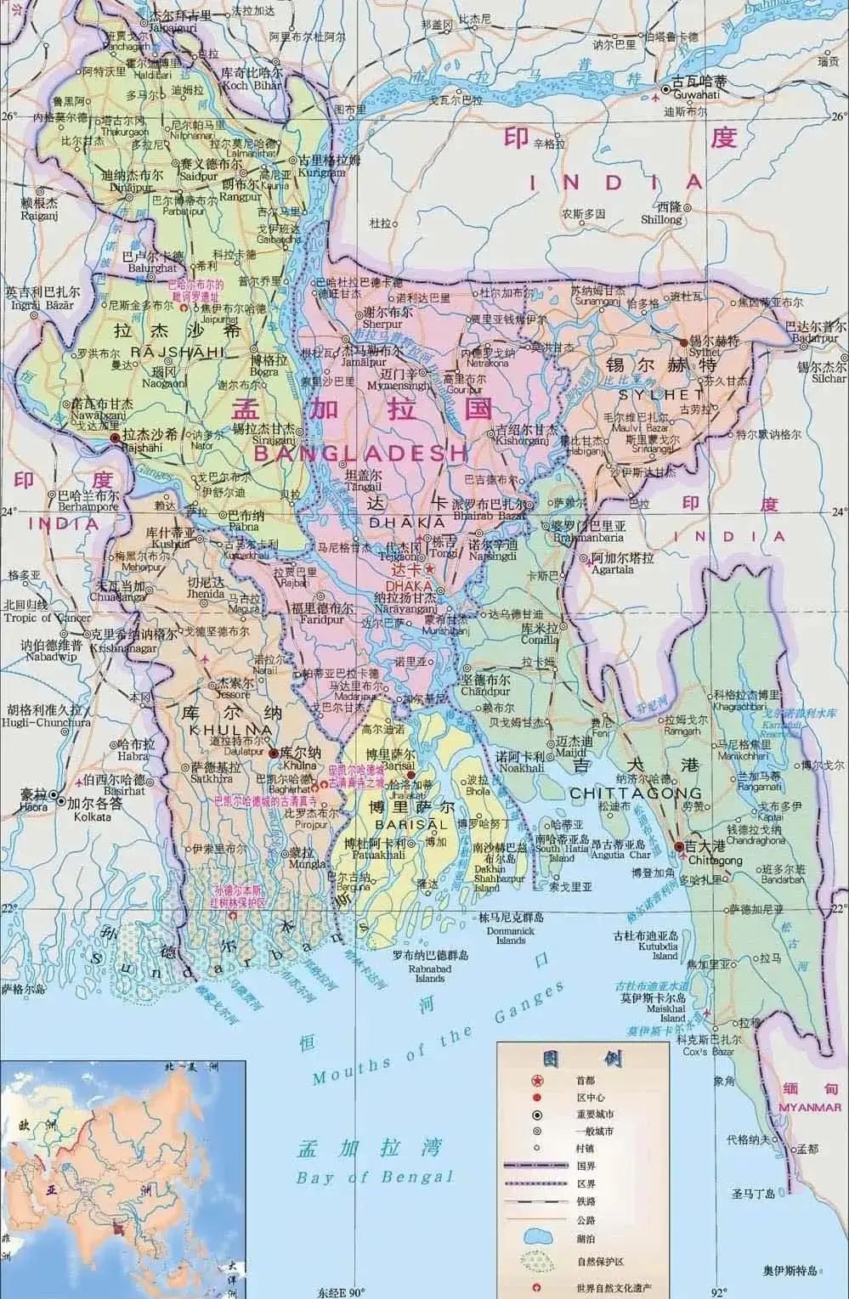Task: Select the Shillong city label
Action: (661, 219)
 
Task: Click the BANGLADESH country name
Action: (361, 453)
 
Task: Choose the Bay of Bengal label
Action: (375, 1177)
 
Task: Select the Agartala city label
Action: (612, 570)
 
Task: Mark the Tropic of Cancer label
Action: (45, 618)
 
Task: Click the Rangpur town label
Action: (239, 195)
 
